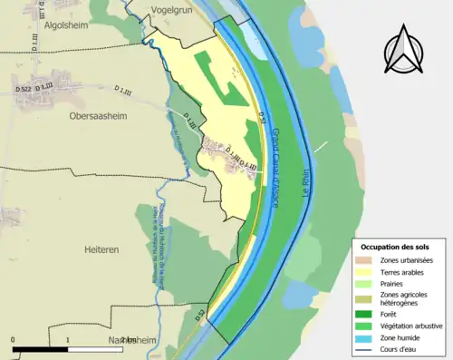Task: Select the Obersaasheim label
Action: point(98,116)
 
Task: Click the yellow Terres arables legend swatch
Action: point(367,271)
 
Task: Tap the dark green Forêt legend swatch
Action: point(367,314)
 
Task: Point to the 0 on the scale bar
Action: point(14,340)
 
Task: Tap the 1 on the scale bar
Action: point(68,340)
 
